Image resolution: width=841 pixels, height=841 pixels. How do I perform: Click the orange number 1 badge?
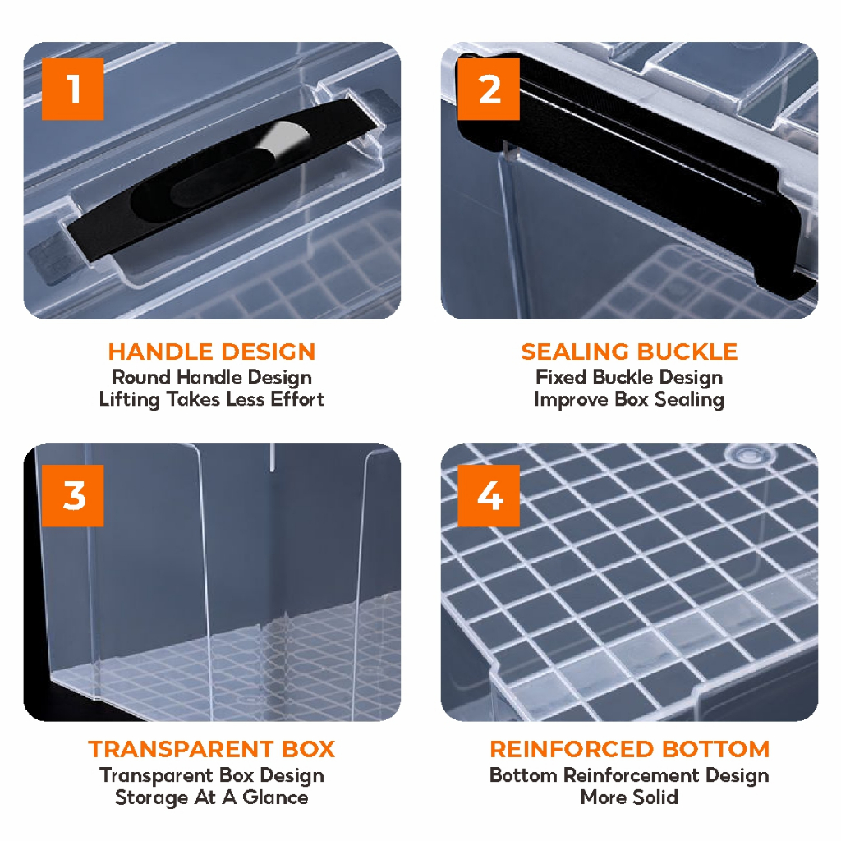coord(72,89)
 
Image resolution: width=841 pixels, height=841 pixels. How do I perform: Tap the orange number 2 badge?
coord(489,89)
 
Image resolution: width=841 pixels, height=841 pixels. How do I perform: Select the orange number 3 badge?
coord(72,495)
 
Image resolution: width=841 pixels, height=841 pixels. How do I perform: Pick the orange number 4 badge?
coord(489,495)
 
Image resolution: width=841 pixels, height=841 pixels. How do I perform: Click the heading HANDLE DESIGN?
coord(212,352)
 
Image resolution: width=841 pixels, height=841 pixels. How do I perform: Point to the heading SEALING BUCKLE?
coord(629,352)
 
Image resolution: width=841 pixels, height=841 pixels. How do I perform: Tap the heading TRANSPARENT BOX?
coord(212,749)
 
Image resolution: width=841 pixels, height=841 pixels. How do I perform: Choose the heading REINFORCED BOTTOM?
coord(630,749)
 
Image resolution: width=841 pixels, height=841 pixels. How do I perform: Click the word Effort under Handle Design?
coord(297,399)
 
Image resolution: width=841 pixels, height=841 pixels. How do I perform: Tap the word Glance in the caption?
coord(275,797)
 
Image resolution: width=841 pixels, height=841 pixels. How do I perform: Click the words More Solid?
coord(629,797)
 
